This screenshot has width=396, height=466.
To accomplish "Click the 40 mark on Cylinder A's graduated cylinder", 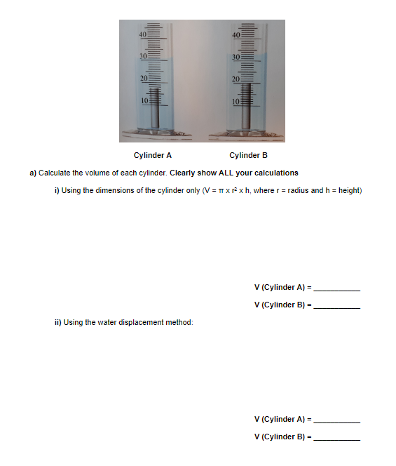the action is click(x=141, y=34).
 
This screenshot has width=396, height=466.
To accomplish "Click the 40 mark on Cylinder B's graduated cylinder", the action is click(x=236, y=34).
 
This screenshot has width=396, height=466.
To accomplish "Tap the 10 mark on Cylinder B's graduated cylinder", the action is click(x=236, y=100).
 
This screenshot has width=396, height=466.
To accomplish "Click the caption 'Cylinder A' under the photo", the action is click(x=152, y=156).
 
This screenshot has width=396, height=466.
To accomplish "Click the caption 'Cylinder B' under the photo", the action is click(x=248, y=156).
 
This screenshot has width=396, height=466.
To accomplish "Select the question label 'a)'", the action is click(x=32, y=173).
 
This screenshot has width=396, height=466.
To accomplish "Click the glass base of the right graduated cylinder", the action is click(x=246, y=132).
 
